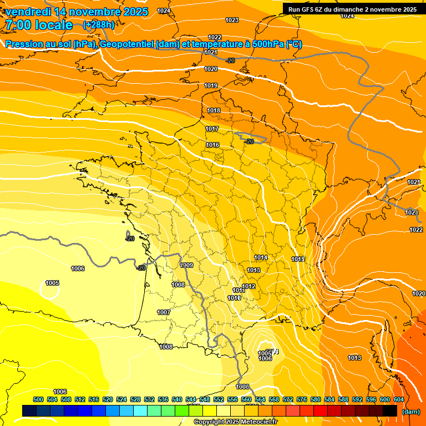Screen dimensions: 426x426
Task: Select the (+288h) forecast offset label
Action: (x=99, y=25)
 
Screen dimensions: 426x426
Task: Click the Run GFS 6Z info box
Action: (x=352, y=9)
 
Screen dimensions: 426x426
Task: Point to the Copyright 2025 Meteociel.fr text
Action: (x=236, y=422)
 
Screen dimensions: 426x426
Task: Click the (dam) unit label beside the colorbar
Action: (x=410, y=412)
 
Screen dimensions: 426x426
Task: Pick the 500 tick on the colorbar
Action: (x=38, y=399)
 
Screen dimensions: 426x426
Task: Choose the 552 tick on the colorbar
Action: (x=219, y=399)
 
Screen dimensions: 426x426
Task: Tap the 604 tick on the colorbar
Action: (x=399, y=399)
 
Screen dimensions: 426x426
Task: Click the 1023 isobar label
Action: (x=232, y=21)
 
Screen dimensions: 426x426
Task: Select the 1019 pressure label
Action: (x=211, y=86)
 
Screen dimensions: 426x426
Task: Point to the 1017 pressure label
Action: (x=212, y=129)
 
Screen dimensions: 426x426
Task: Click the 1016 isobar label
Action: (x=212, y=145)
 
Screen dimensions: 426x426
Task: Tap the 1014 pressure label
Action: (x=261, y=258)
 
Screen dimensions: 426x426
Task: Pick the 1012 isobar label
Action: (x=248, y=287)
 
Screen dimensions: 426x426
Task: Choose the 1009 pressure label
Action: (x=186, y=266)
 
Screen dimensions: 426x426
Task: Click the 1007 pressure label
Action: (x=164, y=313)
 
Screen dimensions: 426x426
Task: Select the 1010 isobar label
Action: (x=234, y=298)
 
